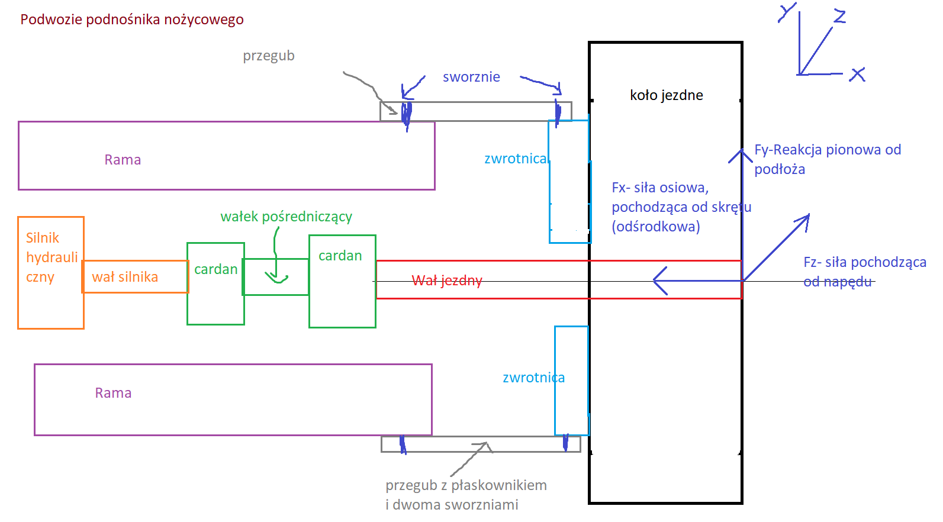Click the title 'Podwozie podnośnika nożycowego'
pos(132,20)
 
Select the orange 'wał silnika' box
pos(135,277)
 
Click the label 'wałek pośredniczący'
pos(286,217)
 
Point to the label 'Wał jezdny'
pos(447,281)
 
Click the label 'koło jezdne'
pos(666,95)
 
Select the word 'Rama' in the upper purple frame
pos(123,160)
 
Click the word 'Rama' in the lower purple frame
pos(113,393)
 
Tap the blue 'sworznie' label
pos(471,77)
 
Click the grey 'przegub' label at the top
pos(268,56)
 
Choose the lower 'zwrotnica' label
pos(533,378)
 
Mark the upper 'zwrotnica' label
pos(515,159)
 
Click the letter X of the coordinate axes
pos(857,75)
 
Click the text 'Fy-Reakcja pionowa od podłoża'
pos(827,159)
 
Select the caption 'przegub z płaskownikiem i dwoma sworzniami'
pos(466,495)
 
